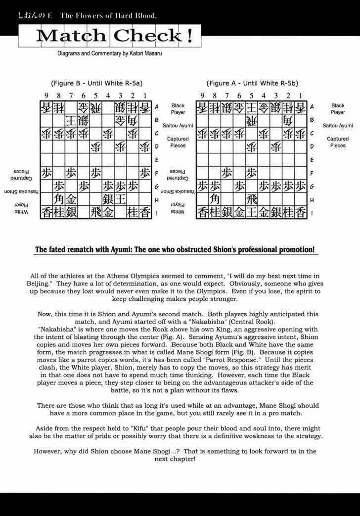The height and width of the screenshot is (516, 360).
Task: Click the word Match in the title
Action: [x=71, y=36]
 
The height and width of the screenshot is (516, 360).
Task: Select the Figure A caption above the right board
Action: [x=252, y=83]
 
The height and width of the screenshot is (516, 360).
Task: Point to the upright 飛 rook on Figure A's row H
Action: [x=252, y=199]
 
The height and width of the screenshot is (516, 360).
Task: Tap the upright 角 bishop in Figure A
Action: [x=215, y=199]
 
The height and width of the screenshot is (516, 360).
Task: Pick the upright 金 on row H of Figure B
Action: [x=71, y=199]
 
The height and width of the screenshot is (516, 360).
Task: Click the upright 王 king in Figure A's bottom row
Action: [x=252, y=212]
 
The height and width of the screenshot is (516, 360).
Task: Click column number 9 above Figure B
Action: [x=46, y=95]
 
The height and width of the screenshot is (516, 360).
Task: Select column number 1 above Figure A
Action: [x=300, y=95]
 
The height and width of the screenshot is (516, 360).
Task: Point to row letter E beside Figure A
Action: [x=312, y=160]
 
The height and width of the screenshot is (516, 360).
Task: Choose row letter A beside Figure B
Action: [x=156, y=106]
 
